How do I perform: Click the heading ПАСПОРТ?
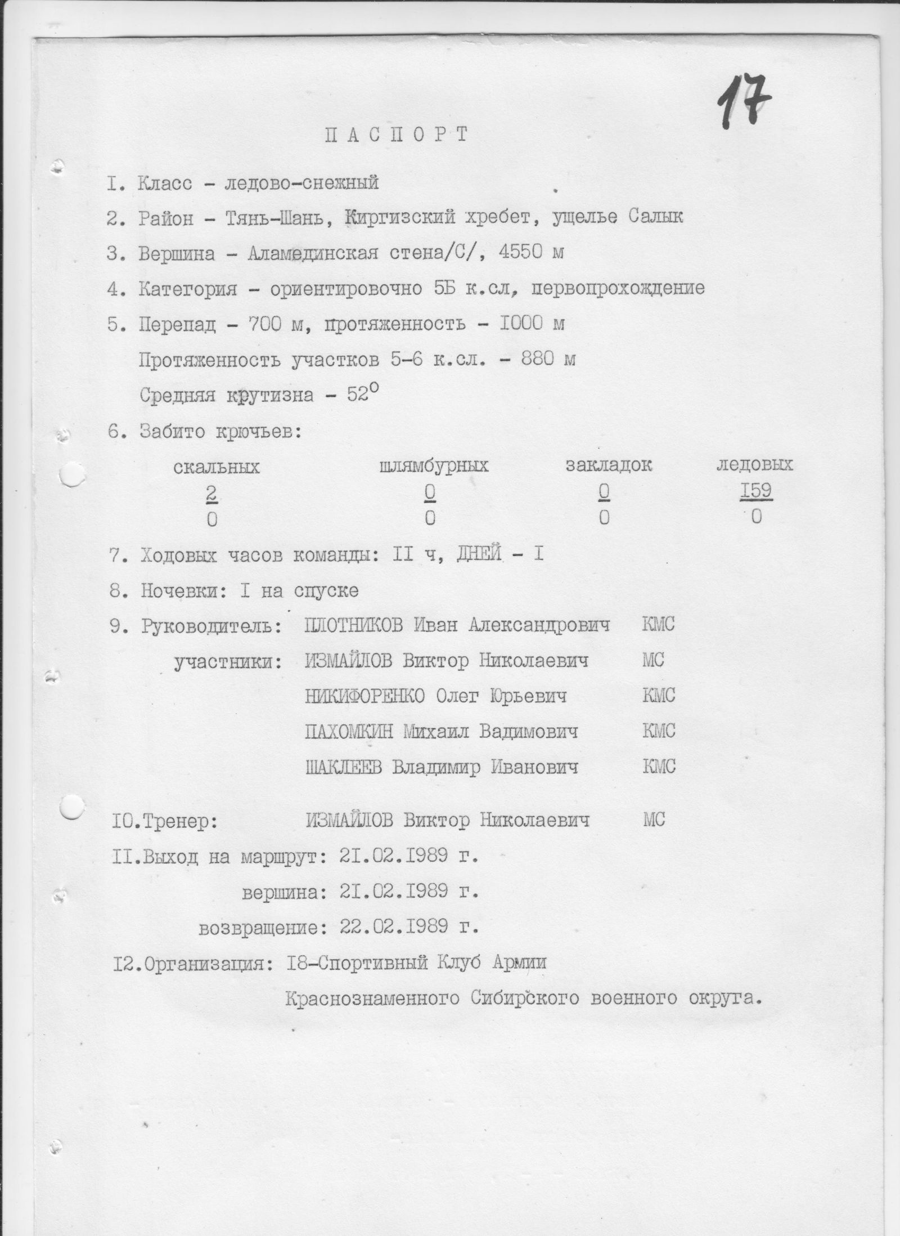(396, 135)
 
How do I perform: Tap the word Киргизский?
(399, 218)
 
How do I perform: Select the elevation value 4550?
(521, 253)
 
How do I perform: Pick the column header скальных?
(217, 468)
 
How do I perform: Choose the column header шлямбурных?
(434, 466)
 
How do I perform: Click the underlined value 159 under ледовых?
(755, 491)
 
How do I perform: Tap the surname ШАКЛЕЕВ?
(343, 767)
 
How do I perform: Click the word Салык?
(655, 217)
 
